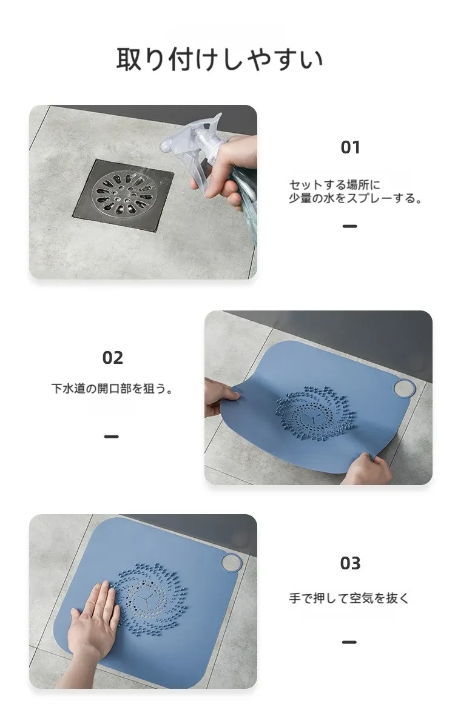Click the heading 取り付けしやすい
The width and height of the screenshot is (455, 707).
(x=220, y=59)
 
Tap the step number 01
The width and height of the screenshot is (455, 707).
(x=350, y=147)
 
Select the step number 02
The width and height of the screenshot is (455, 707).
(x=112, y=358)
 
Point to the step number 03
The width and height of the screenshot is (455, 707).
(x=350, y=563)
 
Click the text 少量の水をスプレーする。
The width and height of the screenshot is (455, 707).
(x=356, y=198)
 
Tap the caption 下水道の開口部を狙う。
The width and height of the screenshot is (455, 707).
(x=112, y=388)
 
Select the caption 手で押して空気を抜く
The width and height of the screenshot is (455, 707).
(x=349, y=598)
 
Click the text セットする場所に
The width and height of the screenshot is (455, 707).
(x=335, y=184)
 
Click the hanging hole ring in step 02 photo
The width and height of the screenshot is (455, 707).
(x=404, y=388)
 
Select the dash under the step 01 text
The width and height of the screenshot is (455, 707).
(x=349, y=226)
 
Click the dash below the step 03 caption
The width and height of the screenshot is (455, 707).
(x=349, y=642)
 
